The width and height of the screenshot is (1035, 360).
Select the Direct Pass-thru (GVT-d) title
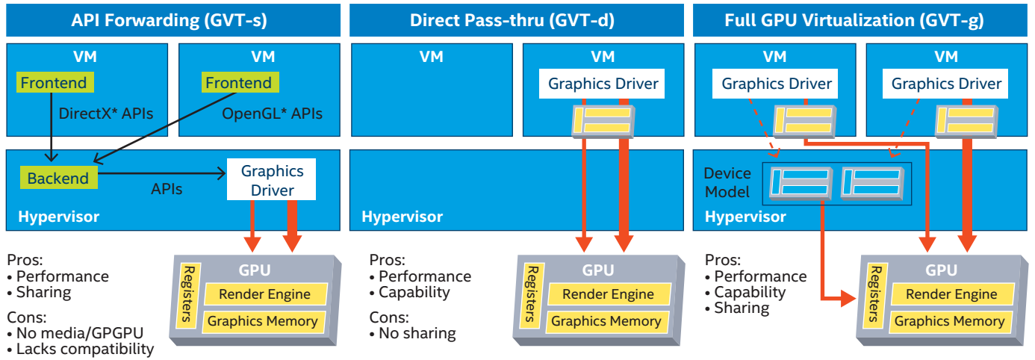point(512,20)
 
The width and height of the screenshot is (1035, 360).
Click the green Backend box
point(58,179)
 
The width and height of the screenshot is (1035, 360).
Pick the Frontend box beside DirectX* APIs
point(54,83)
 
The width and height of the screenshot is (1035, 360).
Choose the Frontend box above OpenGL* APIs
point(239,83)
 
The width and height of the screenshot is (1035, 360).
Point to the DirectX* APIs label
point(106,114)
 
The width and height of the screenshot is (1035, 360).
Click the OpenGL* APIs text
point(272,114)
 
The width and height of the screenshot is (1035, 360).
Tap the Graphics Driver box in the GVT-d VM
point(603,84)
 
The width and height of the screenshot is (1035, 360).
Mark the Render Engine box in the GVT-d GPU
point(608,294)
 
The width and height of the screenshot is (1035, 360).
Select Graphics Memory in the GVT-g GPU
point(949,321)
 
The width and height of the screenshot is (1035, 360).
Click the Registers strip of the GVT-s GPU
point(190,295)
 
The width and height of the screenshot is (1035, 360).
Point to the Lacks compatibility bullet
point(81,349)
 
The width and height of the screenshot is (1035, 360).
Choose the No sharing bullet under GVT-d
point(412,333)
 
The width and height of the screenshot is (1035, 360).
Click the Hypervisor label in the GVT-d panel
point(402,217)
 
